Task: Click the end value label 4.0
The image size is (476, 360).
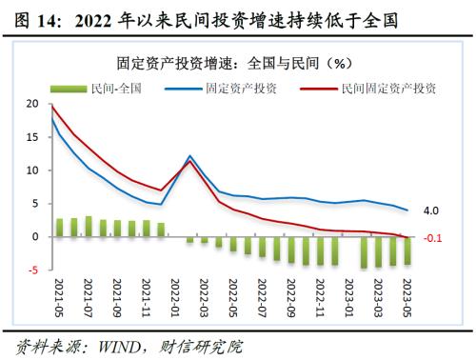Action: [429, 210]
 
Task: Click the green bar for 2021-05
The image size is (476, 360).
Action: [59, 228]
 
